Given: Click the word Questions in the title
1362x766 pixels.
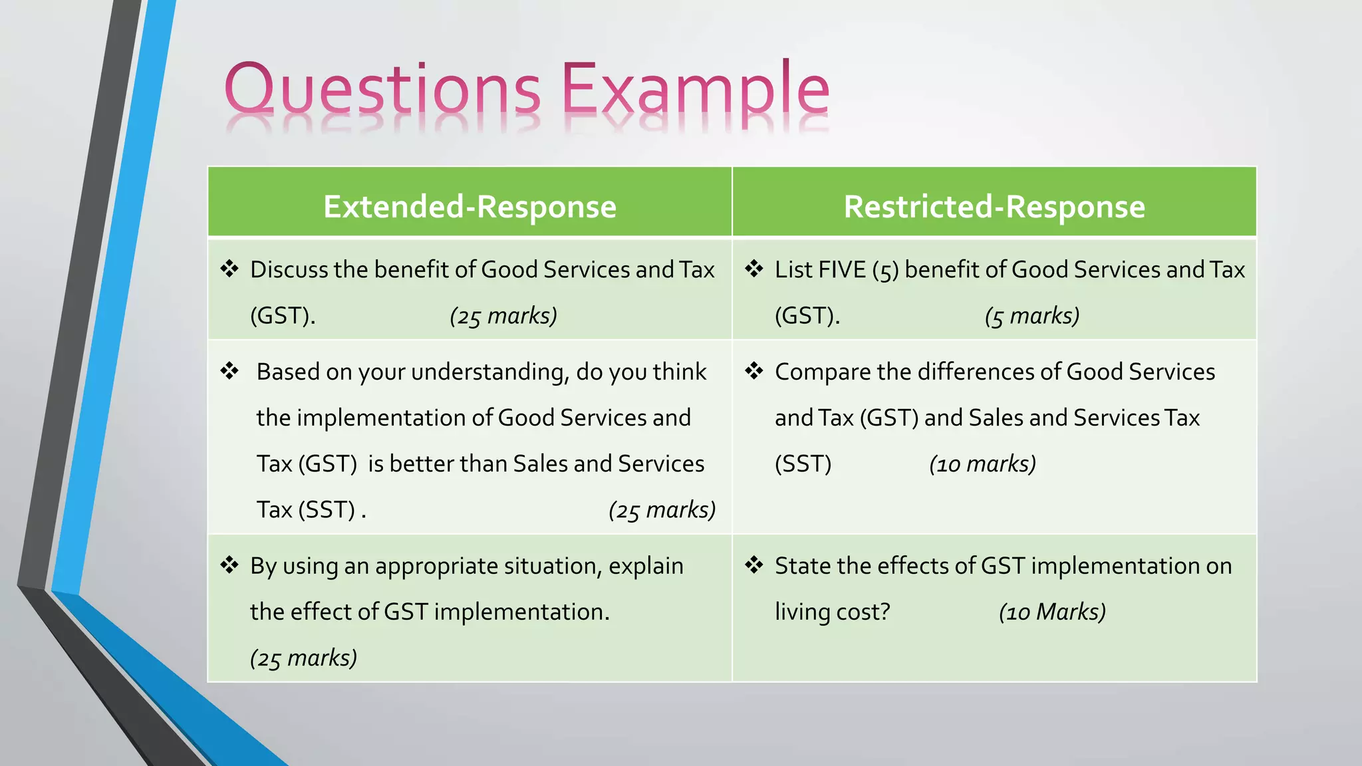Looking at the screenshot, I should click(x=382, y=90).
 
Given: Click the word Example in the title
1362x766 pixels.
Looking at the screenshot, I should click(x=696, y=90).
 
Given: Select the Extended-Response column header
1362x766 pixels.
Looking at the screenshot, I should click(x=470, y=206).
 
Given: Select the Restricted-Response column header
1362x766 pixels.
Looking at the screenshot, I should click(x=994, y=206).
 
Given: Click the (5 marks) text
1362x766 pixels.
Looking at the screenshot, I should click(x=1031, y=316).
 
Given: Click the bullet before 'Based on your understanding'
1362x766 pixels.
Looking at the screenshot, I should click(x=229, y=371).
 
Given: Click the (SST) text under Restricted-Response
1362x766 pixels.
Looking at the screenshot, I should click(x=803, y=463).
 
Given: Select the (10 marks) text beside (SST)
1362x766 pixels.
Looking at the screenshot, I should click(x=982, y=463).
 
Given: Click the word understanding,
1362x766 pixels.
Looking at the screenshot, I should click(x=465, y=372).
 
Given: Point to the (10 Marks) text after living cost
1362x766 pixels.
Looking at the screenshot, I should click(x=1052, y=612).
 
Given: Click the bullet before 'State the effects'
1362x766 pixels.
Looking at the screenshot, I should click(x=754, y=565).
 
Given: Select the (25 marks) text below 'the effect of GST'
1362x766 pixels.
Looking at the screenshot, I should click(x=303, y=658).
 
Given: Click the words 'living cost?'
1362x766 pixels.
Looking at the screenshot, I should click(x=832, y=612).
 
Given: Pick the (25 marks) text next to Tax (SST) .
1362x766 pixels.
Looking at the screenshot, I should click(x=662, y=510).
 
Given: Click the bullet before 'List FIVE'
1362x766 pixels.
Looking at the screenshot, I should click(x=754, y=269).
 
